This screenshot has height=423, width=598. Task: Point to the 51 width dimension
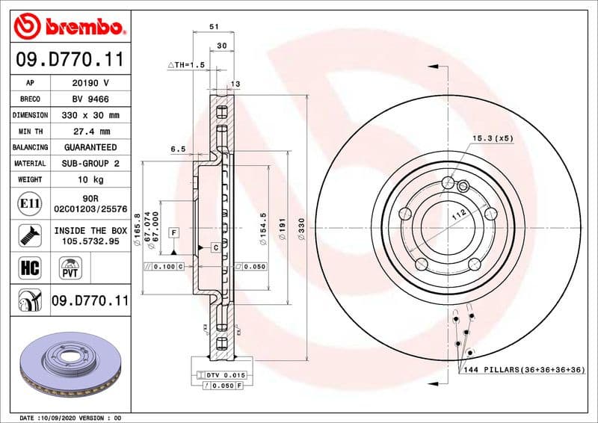[214, 26]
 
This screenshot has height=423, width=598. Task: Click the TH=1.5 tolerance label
[186, 66]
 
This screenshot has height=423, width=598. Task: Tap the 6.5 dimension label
[178, 149]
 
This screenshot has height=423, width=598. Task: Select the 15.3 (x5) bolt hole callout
[493, 138]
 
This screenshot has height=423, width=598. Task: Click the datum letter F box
[173, 232]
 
